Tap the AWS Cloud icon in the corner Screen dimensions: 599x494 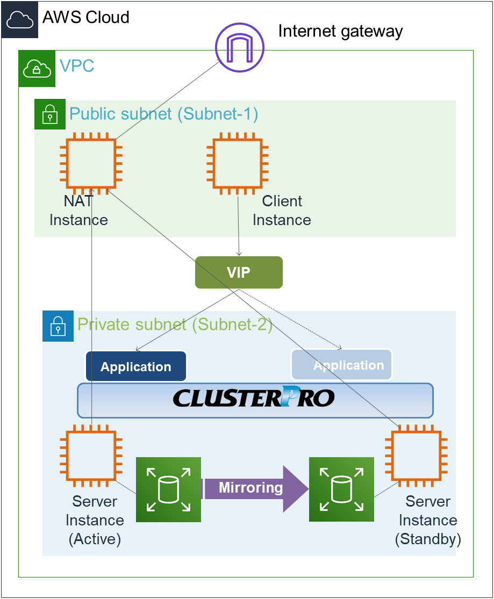click(x=19, y=19)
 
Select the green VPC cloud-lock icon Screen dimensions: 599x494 click(x=37, y=68)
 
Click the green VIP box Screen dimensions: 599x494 click(x=239, y=272)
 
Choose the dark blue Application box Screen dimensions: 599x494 click(x=136, y=367)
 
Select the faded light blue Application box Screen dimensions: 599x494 click(x=342, y=365)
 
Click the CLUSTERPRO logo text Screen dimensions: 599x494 click(x=254, y=399)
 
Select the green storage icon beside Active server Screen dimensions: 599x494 click(x=168, y=489)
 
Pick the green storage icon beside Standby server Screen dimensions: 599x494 click(x=341, y=489)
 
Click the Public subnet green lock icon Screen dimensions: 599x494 click(x=50, y=114)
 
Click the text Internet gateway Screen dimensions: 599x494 click(x=340, y=31)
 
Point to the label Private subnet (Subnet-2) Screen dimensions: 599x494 click(x=175, y=324)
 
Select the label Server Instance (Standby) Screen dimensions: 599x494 click(x=428, y=520)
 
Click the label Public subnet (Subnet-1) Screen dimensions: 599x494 click(x=164, y=114)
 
